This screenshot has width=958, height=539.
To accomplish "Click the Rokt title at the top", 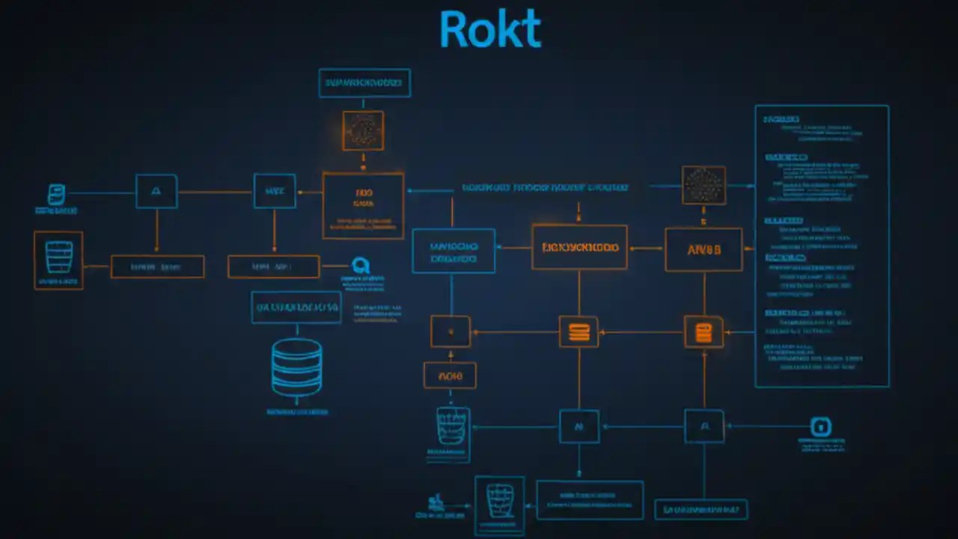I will [x=489, y=31].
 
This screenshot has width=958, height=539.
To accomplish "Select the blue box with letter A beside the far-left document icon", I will [x=156, y=192].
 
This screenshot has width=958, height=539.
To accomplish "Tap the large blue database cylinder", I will [x=296, y=367].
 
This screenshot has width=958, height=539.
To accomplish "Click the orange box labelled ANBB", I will [x=704, y=249].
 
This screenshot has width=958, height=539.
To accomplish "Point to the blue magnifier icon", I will [x=361, y=266].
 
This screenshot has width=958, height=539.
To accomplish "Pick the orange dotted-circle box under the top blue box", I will [x=363, y=131].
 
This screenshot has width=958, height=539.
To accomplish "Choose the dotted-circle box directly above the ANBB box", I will [x=704, y=185].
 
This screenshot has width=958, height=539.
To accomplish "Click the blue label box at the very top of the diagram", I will [x=364, y=83].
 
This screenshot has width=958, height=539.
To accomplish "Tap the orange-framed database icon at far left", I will [x=58, y=260].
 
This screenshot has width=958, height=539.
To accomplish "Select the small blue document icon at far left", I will [x=56, y=195].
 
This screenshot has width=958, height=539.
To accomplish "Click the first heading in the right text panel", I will [x=781, y=119].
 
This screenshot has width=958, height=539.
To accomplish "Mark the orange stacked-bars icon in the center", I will [x=579, y=331].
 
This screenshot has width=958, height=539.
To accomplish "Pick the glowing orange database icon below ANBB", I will [x=704, y=332].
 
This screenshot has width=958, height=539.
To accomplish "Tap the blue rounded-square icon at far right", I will [x=821, y=427].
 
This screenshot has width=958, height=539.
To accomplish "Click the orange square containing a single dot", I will [x=451, y=331].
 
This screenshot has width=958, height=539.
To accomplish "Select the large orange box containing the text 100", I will [x=363, y=205].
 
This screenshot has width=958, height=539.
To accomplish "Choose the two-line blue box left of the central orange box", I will [x=454, y=251].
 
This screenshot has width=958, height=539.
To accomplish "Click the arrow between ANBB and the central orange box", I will [x=646, y=248].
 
